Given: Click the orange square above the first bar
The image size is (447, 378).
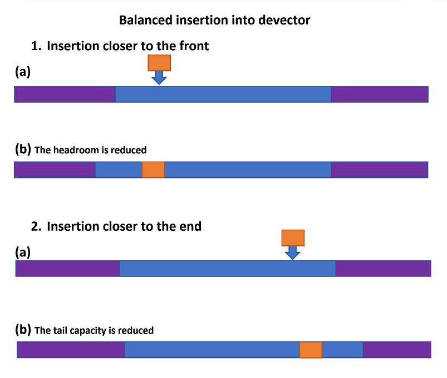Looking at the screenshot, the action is [x=159, y=63].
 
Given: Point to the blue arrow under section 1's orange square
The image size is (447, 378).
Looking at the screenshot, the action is [x=159, y=77].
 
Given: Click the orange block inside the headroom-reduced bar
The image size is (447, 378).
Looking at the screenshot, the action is [x=154, y=170].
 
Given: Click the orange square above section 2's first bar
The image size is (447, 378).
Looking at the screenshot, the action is [x=293, y=238].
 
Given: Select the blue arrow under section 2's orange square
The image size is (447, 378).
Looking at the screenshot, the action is [x=292, y=253].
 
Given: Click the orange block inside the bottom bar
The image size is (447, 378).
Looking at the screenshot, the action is [x=311, y=350].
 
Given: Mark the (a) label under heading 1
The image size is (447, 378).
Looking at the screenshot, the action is [x=23, y=71].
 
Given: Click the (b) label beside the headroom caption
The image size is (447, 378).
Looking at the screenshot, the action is [x=23, y=149].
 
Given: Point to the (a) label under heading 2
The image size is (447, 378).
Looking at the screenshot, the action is [x=23, y=252].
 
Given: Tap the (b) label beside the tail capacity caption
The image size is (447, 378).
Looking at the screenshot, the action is [x=23, y=329].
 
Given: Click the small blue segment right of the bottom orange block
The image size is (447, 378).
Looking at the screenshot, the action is [x=343, y=350].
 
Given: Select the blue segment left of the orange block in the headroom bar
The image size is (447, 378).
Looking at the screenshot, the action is [x=119, y=170].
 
